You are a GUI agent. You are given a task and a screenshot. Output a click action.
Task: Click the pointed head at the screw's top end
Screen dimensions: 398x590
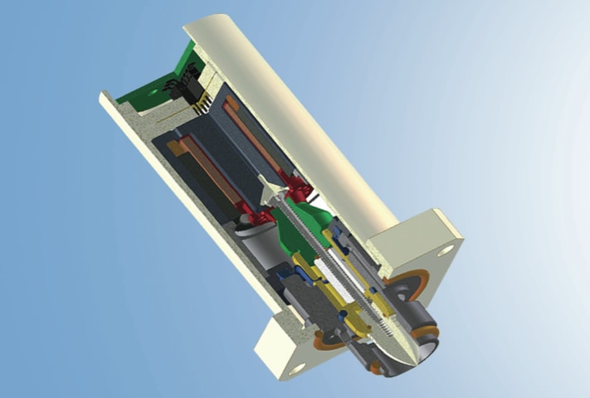(271, 192)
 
